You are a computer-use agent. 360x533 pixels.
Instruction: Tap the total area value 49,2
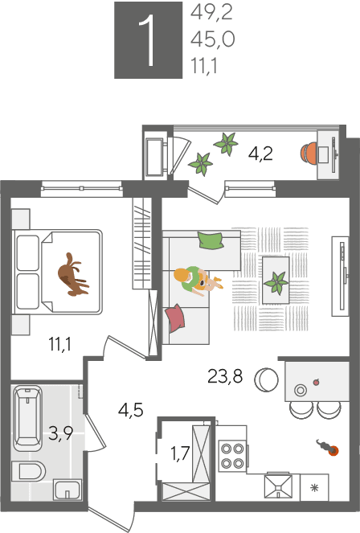211,13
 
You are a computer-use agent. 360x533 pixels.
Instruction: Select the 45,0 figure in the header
213,39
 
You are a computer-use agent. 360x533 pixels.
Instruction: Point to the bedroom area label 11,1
60,344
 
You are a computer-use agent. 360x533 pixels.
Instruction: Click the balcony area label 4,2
260,154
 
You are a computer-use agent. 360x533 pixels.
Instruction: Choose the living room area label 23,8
225,376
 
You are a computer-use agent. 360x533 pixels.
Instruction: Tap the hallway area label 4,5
131,410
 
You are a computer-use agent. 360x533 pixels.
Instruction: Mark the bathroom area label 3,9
60,433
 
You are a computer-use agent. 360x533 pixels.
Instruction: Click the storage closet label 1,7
180,453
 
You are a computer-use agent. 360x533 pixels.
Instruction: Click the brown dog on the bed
72,274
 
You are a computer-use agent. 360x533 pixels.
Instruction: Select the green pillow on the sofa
211,240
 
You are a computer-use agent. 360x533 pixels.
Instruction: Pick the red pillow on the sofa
176,318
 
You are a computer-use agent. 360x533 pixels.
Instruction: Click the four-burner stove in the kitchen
233,456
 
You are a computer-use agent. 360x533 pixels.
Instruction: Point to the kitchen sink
279,486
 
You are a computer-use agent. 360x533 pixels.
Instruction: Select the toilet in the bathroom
28,471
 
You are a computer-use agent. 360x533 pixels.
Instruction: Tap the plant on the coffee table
276,282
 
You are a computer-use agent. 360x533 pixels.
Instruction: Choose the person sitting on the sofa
196,281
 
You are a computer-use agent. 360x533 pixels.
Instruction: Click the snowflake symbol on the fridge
315,488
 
